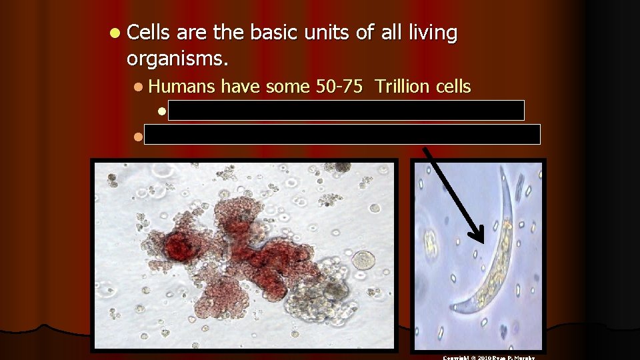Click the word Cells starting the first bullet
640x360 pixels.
click(148, 33)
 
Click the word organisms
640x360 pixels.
click(177, 60)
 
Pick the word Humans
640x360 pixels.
click(181, 86)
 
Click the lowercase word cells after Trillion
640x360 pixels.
click(452, 86)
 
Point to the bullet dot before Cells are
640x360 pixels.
click(116, 33)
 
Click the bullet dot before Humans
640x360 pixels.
click(137, 87)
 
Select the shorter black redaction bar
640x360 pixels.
click(346, 110)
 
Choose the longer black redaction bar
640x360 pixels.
click(343, 134)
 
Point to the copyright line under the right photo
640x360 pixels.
click(489, 357)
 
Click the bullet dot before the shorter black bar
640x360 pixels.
click(161, 111)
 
